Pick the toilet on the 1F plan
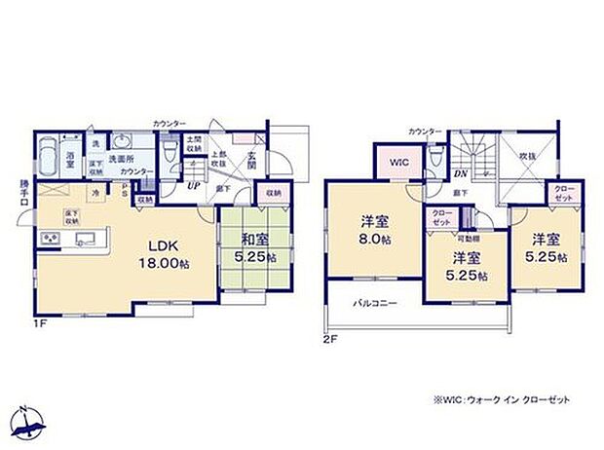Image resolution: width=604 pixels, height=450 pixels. click(170, 153)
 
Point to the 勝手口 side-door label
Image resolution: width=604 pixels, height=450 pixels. click(12, 198)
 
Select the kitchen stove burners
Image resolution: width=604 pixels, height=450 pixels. click(46, 240)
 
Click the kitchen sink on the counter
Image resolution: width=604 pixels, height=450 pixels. click(84, 240)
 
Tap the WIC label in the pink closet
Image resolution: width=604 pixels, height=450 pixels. click(400, 162)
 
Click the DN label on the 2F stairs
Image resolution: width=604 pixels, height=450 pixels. click(459, 173)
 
